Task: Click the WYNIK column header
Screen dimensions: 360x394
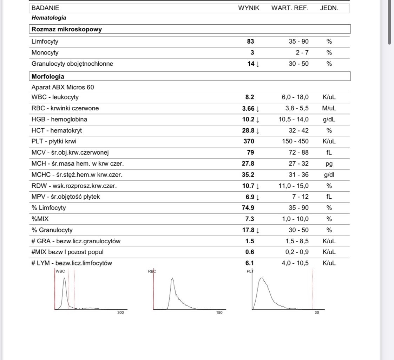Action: (249, 8)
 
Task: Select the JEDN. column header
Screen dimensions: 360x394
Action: (329, 8)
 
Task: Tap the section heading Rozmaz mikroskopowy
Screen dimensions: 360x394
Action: (67, 29)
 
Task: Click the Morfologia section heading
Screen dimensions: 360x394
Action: (48, 76)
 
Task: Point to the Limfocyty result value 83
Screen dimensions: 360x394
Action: (250, 41)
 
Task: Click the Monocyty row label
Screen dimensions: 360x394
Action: (45, 53)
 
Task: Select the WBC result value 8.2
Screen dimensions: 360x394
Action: (250, 97)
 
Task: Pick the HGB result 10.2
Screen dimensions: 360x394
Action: (248, 120)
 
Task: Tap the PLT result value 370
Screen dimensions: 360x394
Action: (249, 141)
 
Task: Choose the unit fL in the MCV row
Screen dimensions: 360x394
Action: (329, 153)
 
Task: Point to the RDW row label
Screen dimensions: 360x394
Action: (74, 186)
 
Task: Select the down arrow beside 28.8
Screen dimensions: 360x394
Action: (258, 131)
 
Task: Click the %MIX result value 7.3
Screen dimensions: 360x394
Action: (250, 219)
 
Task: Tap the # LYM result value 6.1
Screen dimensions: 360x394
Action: (250, 263)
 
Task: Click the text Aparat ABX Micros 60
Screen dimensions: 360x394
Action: (63, 87)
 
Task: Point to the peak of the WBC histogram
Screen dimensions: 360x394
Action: (64, 278)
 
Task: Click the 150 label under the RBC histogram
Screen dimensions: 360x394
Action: (219, 313)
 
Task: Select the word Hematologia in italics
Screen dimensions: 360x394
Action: (49, 18)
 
